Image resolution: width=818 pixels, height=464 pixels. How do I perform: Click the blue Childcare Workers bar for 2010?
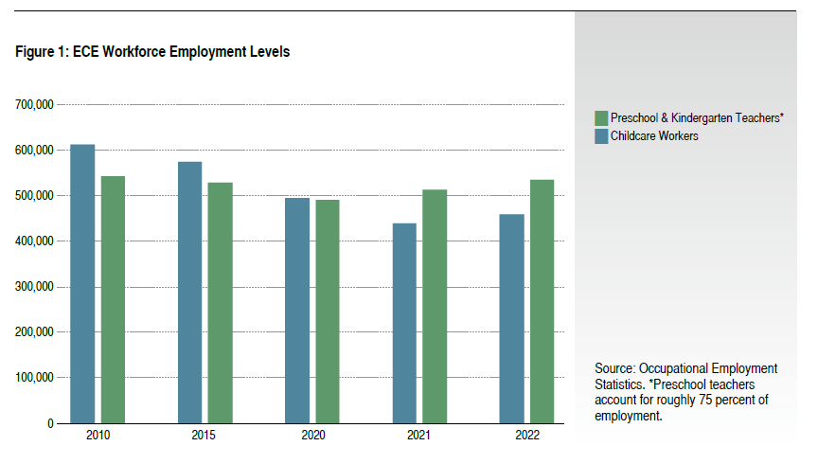coord(82,284)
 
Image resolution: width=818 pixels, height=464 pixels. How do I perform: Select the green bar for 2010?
coord(113,299)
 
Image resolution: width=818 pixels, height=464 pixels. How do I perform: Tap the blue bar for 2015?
coord(190,293)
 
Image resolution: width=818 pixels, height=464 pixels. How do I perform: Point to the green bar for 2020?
coord(328,312)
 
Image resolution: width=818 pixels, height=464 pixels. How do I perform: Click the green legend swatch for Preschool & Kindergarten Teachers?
coord(600,118)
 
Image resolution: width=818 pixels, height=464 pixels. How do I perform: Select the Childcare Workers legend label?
coord(654,136)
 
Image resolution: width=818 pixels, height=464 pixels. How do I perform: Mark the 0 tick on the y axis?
coord(50,423)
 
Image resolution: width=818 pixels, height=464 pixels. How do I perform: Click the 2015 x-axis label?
coord(204,436)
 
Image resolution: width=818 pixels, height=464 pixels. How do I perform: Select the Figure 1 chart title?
coord(152,52)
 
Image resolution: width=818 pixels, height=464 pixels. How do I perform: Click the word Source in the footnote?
coord(614,367)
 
